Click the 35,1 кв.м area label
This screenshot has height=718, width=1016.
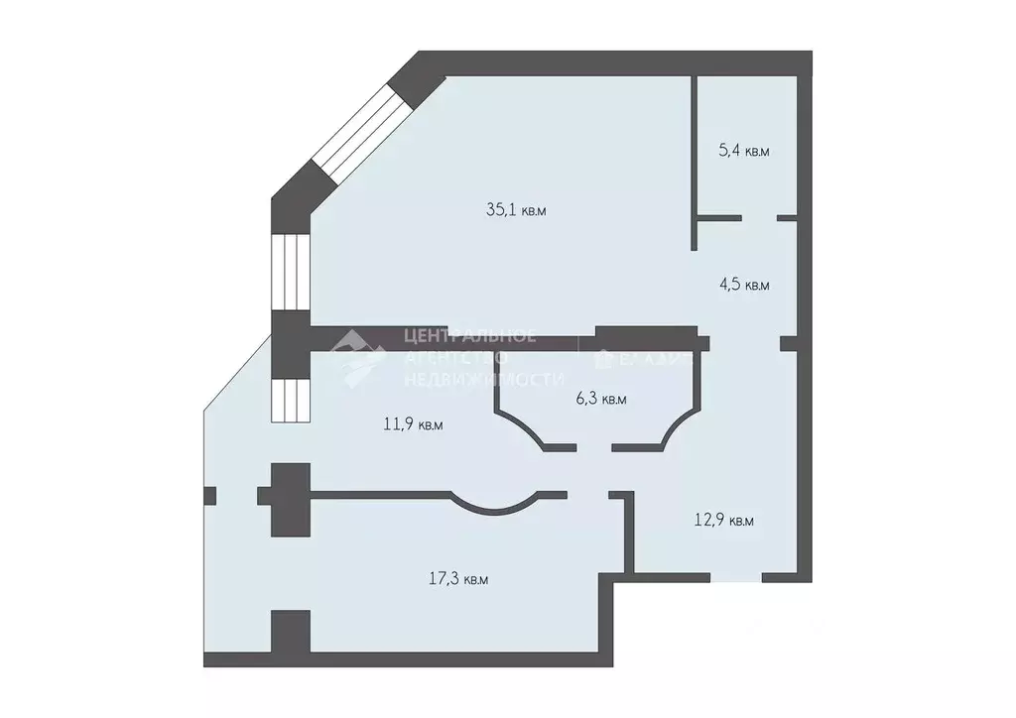click(516, 210)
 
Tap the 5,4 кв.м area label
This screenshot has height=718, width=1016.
click(744, 152)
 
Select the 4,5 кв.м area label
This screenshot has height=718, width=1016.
click(744, 285)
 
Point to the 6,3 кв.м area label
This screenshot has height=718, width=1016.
click(601, 400)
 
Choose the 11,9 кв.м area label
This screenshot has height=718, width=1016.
click(413, 424)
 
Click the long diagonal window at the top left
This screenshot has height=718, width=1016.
click(361, 133)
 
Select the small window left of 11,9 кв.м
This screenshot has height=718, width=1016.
click(292, 399)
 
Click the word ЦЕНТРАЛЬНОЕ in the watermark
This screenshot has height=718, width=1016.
click(469, 336)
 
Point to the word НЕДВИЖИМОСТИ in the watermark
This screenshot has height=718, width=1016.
click(476, 378)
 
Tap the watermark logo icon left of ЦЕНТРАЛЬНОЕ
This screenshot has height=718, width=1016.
click(357, 356)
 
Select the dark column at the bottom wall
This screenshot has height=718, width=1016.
click(291, 631)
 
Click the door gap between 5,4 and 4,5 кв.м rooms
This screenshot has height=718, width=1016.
click(759, 217)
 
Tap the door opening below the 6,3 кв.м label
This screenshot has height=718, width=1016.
click(593, 448)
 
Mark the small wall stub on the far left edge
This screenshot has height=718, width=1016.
click(209, 496)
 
